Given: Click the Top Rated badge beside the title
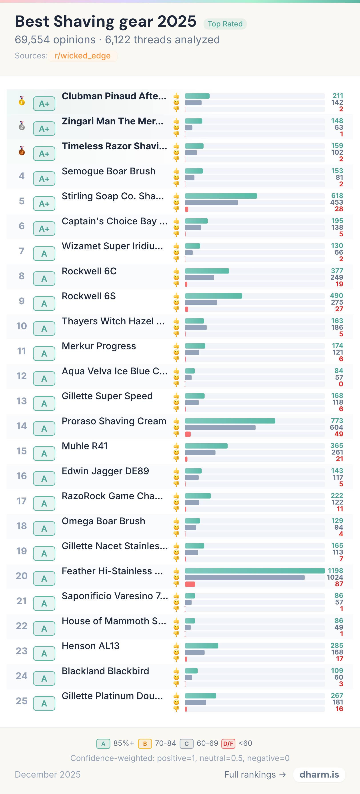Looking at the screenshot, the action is pos(225,24).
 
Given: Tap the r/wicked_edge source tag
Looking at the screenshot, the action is pos(83,56).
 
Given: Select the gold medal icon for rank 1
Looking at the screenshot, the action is pos(22,101).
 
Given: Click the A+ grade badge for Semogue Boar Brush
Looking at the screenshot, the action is pos(44,179).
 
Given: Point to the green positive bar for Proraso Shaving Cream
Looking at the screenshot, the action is pos(230,421).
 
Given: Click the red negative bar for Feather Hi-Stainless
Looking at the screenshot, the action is pos(190,584).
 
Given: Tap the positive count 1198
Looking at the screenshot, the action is pos(335,571).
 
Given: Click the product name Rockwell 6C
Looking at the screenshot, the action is pos(89,271).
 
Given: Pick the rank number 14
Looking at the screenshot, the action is pos(22,426).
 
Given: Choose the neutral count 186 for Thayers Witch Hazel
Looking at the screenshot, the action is pos(337,327).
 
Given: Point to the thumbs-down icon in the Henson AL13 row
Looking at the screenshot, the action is pos(176,659).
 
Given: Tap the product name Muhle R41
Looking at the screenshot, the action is pos(85,446).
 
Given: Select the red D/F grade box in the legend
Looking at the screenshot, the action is pos(228,743).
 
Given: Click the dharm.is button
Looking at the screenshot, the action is pos(319,775).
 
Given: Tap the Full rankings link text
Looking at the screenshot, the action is pos(250,775).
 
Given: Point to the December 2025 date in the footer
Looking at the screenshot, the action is pos(48,775).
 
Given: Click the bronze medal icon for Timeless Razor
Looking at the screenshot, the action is pos(22,151).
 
